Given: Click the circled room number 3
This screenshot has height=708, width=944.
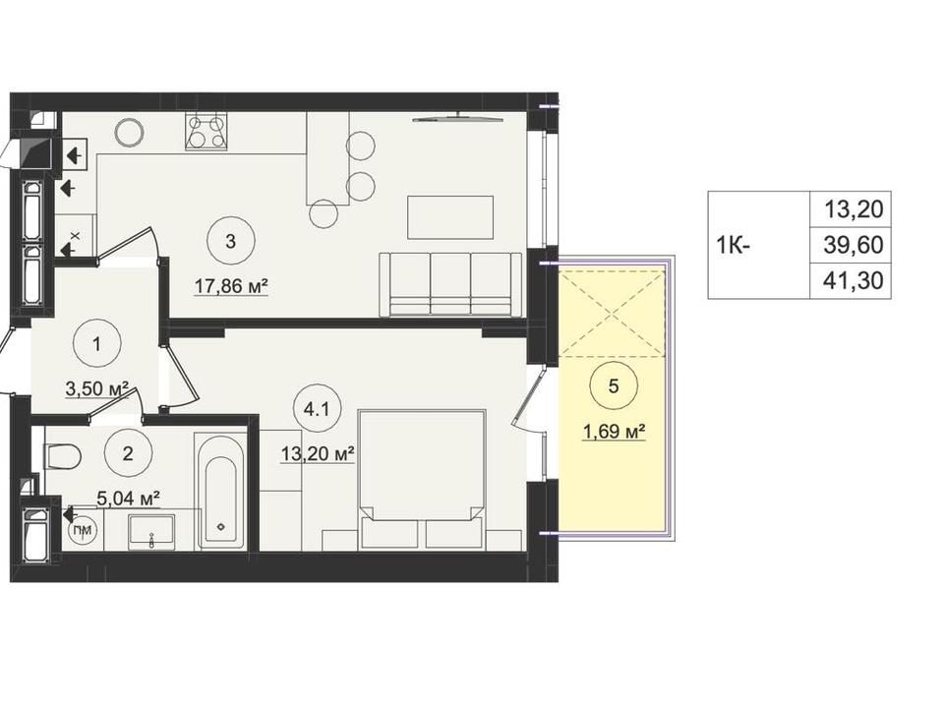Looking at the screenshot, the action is tap(230, 241).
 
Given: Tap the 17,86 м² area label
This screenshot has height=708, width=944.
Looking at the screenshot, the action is tap(230, 287).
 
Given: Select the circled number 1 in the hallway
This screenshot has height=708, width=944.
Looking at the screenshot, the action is tap(96, 344).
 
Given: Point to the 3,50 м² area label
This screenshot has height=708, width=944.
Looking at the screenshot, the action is tap(97, 389).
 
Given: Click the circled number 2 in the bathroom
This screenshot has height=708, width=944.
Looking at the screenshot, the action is tap(128, 452).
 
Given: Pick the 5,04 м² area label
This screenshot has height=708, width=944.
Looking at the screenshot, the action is tap(128, 499).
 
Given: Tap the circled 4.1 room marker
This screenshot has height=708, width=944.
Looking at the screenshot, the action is tap(316, 409).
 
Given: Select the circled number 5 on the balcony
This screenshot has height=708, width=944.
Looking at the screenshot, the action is tap(613, 385).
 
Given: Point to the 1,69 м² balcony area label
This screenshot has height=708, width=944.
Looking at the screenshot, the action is tap(614, 431).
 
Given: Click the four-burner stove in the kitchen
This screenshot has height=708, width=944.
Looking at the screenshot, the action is tap(207, 132).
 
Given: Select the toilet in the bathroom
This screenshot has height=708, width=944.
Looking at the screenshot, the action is tap(63, 455).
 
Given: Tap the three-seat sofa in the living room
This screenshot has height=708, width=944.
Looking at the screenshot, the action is tap(450, 284).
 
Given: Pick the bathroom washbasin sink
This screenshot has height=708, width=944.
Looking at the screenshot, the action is tap(151, 532).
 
